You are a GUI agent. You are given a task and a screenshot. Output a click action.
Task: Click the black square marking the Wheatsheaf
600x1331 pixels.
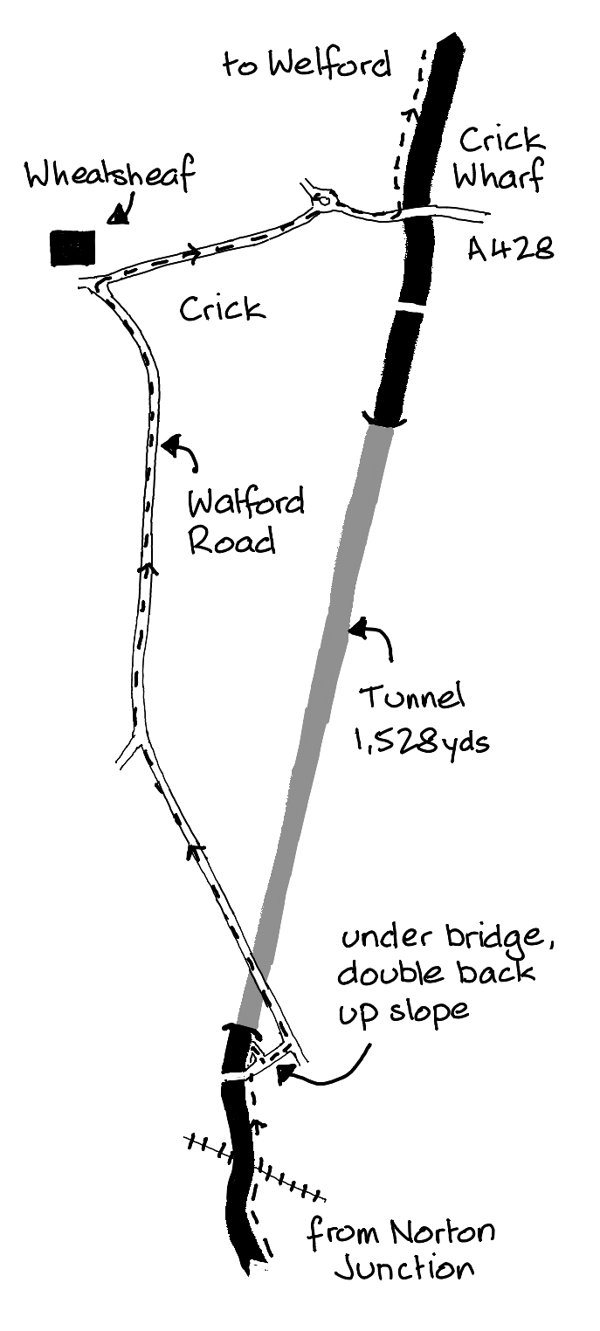pos(72,248)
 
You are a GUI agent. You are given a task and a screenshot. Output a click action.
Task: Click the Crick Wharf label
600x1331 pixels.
pos(500,158)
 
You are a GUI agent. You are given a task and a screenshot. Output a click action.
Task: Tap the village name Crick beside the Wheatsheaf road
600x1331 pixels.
pos(222,307)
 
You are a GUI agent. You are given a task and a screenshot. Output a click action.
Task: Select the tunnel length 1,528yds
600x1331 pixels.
pos(421,743)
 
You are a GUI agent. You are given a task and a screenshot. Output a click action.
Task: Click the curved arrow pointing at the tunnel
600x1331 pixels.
pos(374,637)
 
